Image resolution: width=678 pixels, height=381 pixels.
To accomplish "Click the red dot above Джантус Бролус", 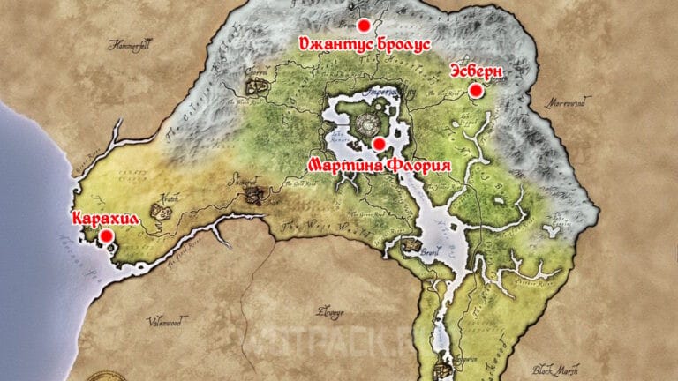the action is [x=363, y=26].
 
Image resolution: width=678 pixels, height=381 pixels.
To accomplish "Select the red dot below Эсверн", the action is [x=475, y=90].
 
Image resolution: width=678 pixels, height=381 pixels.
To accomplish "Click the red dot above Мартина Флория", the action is [x=379, y=144].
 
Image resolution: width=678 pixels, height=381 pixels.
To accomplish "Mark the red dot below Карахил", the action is [x=106, y=236].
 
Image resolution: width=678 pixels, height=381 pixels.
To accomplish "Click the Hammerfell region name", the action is [x=129, y=44].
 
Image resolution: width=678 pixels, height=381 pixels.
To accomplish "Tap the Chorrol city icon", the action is [x=259, y=86].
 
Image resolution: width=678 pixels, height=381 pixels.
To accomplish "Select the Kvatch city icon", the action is [x=162, y=211].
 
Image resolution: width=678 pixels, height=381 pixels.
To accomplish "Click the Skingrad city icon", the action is [x=254, y=191].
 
